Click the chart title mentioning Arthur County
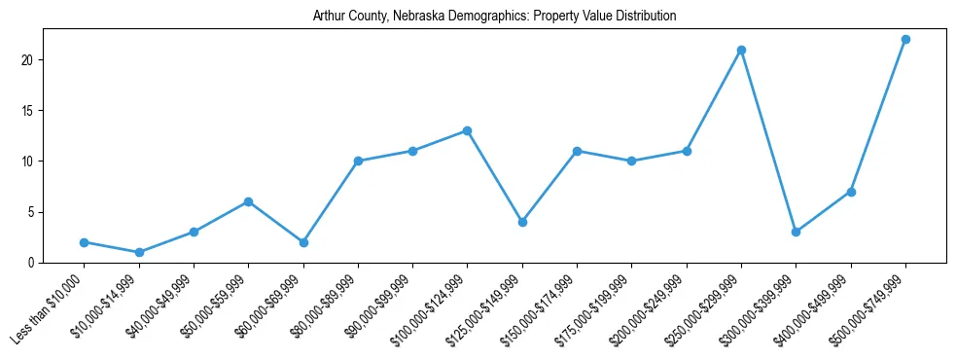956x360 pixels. tap(494, 17)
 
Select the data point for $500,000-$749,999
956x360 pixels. tap(905, 40)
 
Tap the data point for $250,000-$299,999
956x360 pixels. tap(741, 50)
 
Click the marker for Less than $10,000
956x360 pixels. tap(85, 242)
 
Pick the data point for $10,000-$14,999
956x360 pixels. tap(139, 252)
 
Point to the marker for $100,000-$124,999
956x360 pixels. tap(468, 130)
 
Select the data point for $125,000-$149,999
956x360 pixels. tap(522, 222)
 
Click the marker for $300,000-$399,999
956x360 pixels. tap(796, 232)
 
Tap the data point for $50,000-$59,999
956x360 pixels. tap(249, 201)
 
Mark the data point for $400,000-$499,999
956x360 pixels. tap(851, 192)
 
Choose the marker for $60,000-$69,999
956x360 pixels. tap(303, 242)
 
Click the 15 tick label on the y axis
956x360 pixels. tap(30, 111)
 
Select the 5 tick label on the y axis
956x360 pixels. tap(33, 212)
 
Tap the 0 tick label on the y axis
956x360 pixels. tap(33, 263)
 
